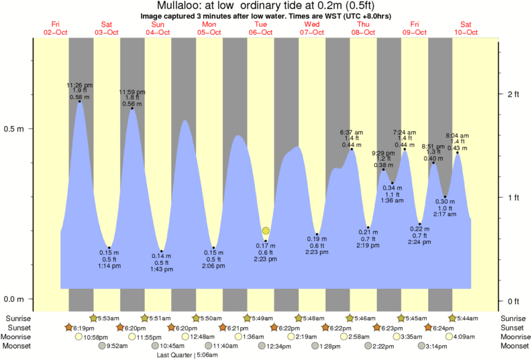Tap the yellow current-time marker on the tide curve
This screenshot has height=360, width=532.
[x=266, y=231]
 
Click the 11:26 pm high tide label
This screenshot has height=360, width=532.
[x=80, y=85]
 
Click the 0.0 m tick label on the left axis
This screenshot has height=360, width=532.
[x=14, y=300]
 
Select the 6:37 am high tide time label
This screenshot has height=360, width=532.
[x=352, y=132]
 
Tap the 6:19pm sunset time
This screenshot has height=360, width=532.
[x=85, y=327]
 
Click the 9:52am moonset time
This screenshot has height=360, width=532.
[x=117, y=346]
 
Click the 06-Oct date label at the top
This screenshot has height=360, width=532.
[x=261, y=32]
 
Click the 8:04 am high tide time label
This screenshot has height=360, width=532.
[x=457, y=135]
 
